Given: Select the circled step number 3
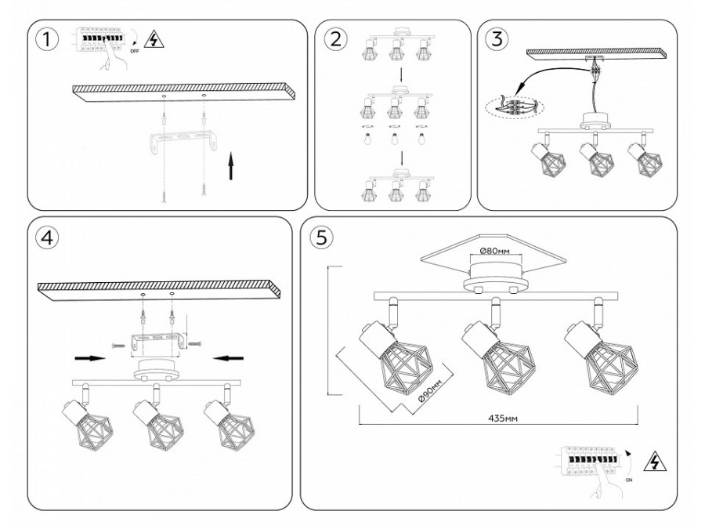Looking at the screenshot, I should click(x=496, y=39).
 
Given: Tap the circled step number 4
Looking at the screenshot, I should click(x=49, y=238).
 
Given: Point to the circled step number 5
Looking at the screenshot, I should click(x=320, y=238).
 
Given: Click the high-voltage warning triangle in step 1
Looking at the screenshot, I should click(x=155, y=39).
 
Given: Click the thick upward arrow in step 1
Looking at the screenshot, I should click(x=232, y=166).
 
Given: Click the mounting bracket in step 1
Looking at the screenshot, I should click(x=183, y=144).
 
